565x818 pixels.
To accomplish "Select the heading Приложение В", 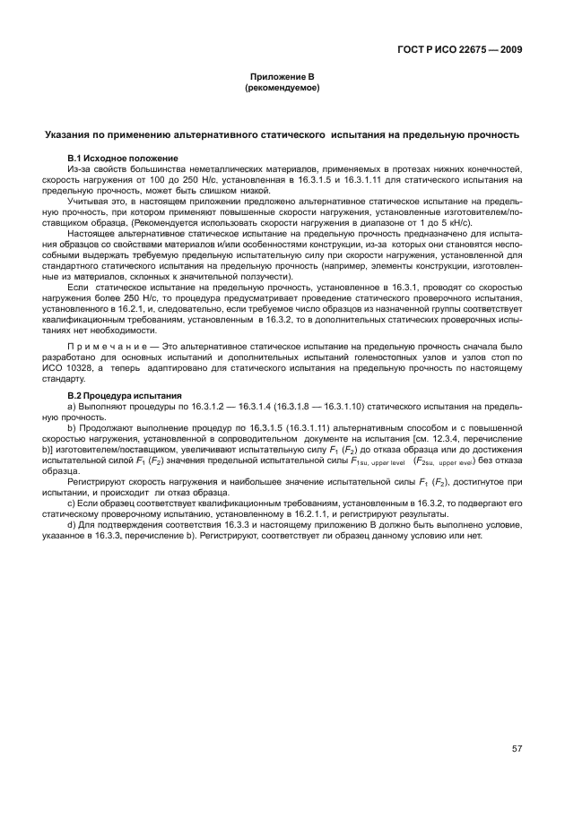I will point(282,79).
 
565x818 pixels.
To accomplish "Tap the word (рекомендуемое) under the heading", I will point(282,90).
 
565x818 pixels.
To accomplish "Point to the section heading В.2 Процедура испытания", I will point(118,395).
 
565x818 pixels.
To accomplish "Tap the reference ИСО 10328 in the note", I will point(69,367).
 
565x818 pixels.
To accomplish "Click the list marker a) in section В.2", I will point(73,407).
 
